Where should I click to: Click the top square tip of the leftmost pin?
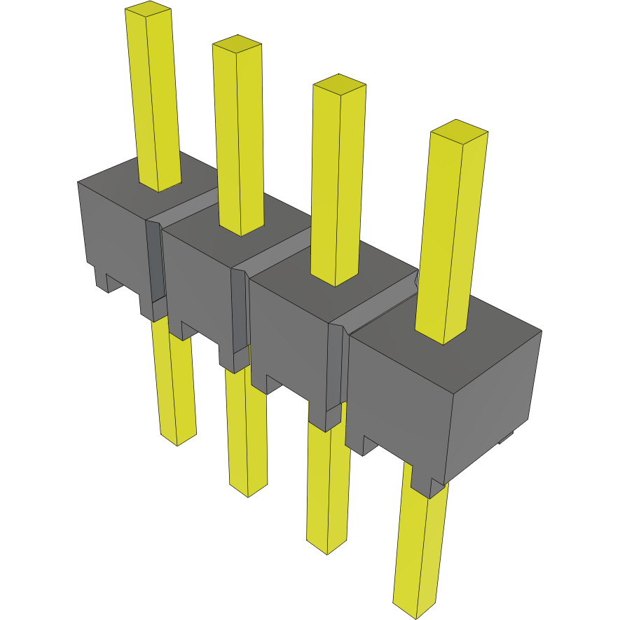click(148, 10)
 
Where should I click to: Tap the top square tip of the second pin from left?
click(237, 44)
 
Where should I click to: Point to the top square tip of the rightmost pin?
click(459, 130)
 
